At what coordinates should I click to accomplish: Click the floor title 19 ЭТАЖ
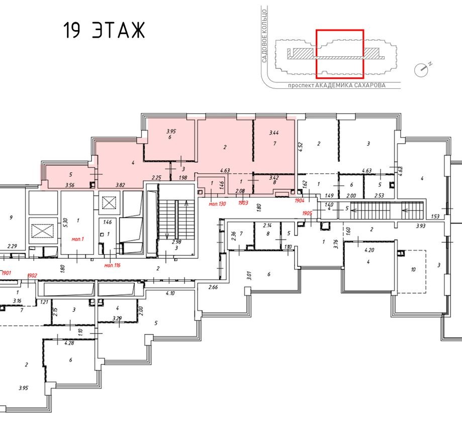pos(104,31)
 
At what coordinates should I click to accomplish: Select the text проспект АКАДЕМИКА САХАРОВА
pos(336,85)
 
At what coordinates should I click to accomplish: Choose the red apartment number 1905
pos(308,213)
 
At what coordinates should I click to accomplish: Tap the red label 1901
pos(6,273)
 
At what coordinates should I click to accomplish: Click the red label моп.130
pos(218,203)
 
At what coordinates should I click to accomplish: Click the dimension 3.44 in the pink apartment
pos(274,133)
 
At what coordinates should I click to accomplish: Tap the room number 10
pos(413,269)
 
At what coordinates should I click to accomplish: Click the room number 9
pos(11,217)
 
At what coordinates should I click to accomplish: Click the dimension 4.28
pos(69,344)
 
